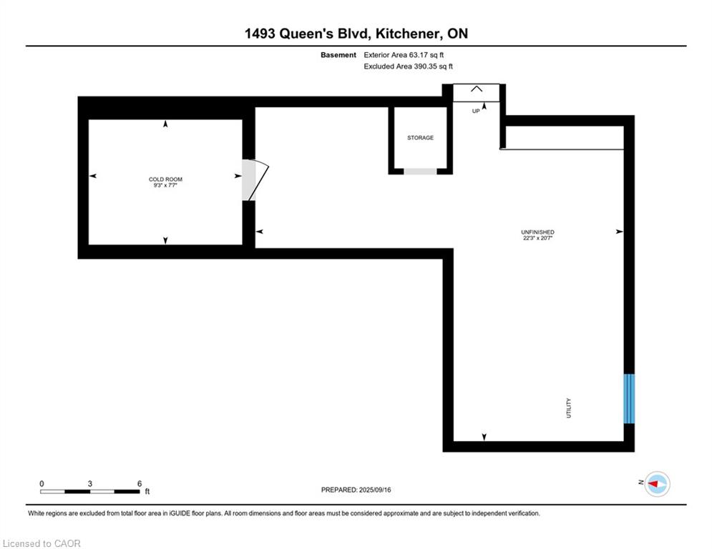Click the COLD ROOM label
pos(165,179)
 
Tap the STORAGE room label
pos(420,137)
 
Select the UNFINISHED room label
pos(537,232)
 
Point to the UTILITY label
pos(568,408)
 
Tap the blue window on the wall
pos(629,398)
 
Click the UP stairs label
pos(476,112)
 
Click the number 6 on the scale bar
pos(140,484)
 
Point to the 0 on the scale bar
pos(42,484)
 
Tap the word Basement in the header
pos(338,55)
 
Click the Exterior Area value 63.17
pos(419,55)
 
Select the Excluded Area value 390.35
pos(424,66)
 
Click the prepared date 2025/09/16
pos(375,490)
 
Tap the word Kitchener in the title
pos(408,34)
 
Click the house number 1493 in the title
pos(260,34)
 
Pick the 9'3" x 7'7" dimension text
pos(165,185)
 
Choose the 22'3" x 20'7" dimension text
pos(537,238)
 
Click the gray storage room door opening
pos(420,171)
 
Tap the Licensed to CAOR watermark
pos(42,543)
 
